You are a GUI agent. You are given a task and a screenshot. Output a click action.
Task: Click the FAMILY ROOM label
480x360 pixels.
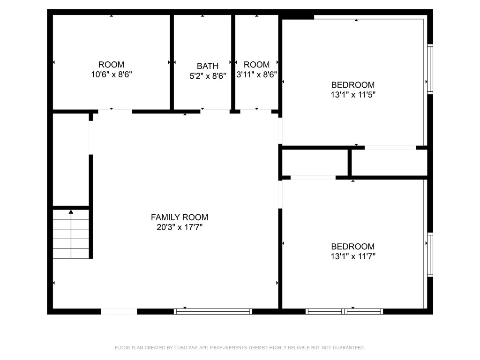click(179, 217)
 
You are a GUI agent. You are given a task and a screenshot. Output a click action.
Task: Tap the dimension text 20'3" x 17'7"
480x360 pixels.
click(179, 228)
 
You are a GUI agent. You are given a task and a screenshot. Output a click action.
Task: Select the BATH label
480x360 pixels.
click(207, 66)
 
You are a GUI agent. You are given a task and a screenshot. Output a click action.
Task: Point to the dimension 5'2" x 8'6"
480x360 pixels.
click(207, 76)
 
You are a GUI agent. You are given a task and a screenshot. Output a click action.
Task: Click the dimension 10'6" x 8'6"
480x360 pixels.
click(111, 75)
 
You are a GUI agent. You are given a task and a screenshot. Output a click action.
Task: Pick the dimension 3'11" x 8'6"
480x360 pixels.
click(256, 75)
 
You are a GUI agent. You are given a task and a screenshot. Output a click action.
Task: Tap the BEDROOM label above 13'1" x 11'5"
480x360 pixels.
click(352, 85)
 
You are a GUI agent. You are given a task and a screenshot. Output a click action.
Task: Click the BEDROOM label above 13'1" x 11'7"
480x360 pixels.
click(352, 247)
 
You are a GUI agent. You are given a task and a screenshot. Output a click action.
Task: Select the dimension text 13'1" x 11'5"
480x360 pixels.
click(352, 95)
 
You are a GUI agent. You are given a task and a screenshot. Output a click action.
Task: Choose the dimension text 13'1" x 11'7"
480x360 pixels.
click(352, 256)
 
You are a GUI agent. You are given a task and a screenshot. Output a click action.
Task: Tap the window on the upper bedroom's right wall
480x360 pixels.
click(430, 69)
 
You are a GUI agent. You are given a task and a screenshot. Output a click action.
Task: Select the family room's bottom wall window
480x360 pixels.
click(213, 311)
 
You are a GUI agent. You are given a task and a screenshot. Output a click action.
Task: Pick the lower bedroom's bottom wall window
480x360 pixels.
click(345, 311)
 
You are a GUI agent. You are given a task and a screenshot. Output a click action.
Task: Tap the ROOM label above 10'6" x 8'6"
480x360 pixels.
click(111, 65)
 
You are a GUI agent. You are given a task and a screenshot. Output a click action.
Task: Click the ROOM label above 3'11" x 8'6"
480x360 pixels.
click(256, 65)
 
